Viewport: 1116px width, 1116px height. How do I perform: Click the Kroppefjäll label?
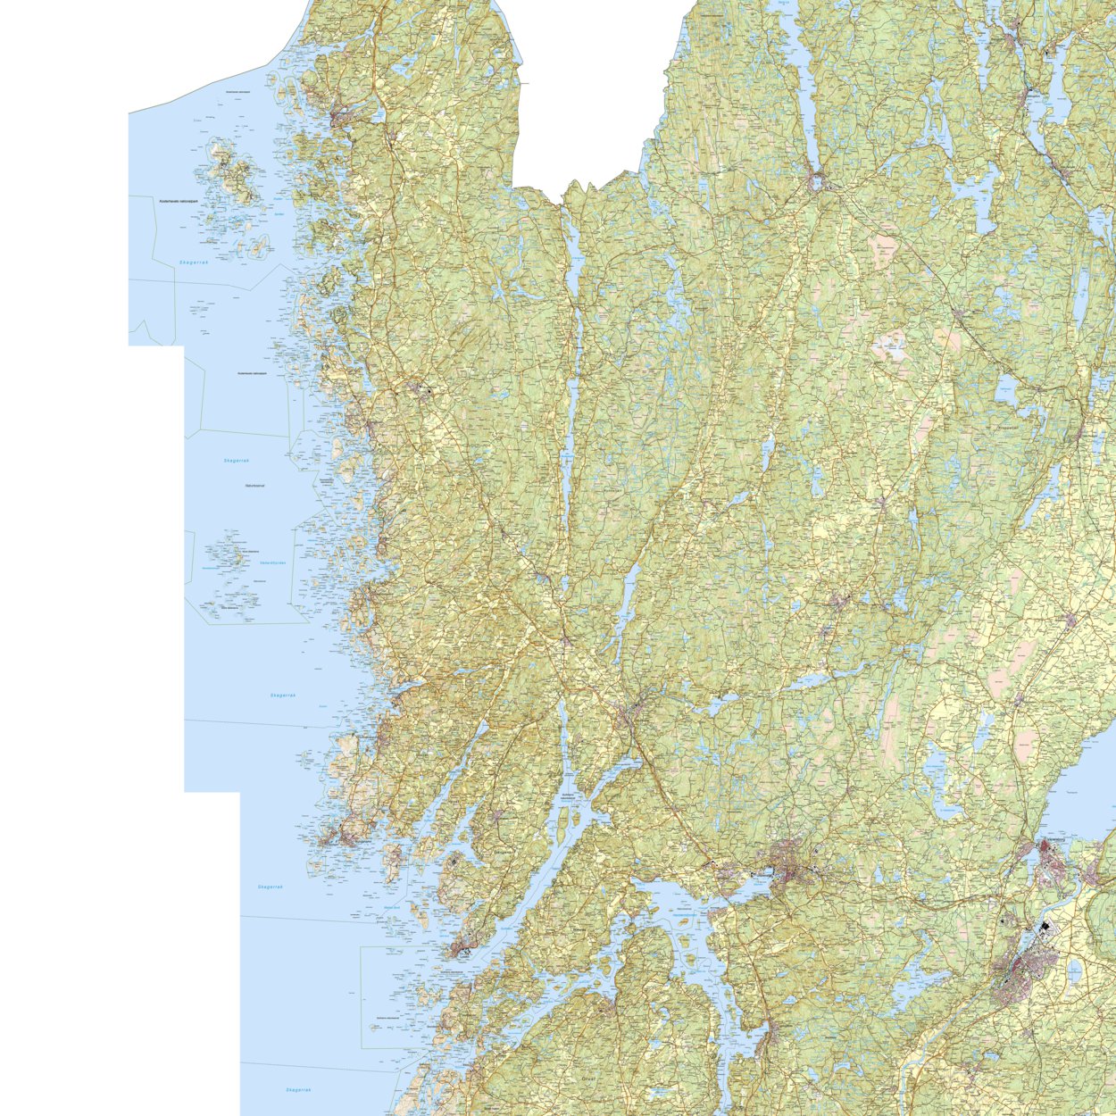1013,429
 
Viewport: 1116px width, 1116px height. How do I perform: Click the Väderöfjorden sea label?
271,562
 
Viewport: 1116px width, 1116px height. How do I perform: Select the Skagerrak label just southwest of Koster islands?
193,262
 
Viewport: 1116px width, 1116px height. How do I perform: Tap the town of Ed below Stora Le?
816,182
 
